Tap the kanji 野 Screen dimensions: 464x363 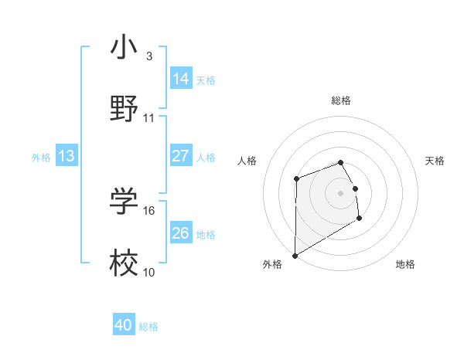click(124, 108)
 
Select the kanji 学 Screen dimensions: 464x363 click(124, 202)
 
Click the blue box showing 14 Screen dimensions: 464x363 click(181, 79)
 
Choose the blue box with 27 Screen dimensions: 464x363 click(181, 156)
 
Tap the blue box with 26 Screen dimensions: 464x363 click(181, 233)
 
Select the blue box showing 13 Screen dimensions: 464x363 click(67, 156)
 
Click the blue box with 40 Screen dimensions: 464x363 click(124, 325)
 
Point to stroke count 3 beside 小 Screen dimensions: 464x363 click(149, 56)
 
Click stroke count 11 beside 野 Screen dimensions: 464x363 click(149, 118)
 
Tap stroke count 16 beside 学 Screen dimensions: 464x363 click(149, 210)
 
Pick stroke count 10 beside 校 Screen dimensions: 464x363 click(149, 273)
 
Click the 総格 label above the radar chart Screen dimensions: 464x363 click(341, 100)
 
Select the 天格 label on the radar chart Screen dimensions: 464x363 click(435, 161)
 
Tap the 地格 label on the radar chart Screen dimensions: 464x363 click(405, 264)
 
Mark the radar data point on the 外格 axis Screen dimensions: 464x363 click(295, 255)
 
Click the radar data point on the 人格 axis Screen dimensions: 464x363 click(297, 179)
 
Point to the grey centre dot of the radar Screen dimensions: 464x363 click(341, 193)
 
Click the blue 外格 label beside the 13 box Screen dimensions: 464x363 click(41, 157)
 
